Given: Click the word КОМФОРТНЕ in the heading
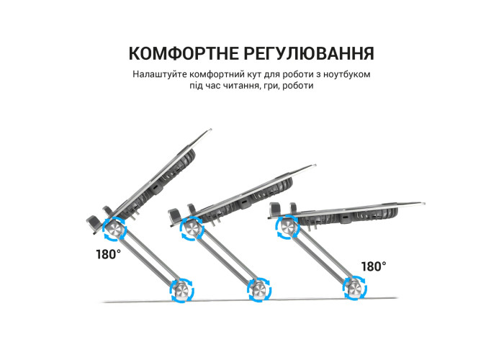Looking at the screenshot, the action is pyautogui.click(x=183, y=53).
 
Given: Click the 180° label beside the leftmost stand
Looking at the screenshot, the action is pyautogui.click(x=109, y=254).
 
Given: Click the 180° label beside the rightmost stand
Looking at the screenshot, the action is pyautogui.click(x=374, y=266).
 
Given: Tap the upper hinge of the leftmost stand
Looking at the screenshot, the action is pyautogui.click(x=114, y=229).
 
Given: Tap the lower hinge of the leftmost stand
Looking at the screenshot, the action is pyautogui.click(x=182, y=291).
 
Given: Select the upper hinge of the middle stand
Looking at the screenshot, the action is pyautogui.click(x=192, y=229).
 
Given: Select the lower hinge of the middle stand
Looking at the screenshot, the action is pyautogui.click(x=259, y=289).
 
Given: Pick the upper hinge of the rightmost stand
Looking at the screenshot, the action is pyautogui.click(x=288, y=228).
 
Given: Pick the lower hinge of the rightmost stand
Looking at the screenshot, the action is pyautogui.click(x=355, y=288).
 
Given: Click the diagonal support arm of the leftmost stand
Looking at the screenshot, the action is pyautogui.click(x=148, y=260).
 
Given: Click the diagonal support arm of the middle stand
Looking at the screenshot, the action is pyautogui.click(x=225, y=259).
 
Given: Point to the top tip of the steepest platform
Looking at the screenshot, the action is pyautogui.click(x=210, y=130).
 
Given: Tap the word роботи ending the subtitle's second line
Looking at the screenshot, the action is pyautogui.click(x=297, y=86).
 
